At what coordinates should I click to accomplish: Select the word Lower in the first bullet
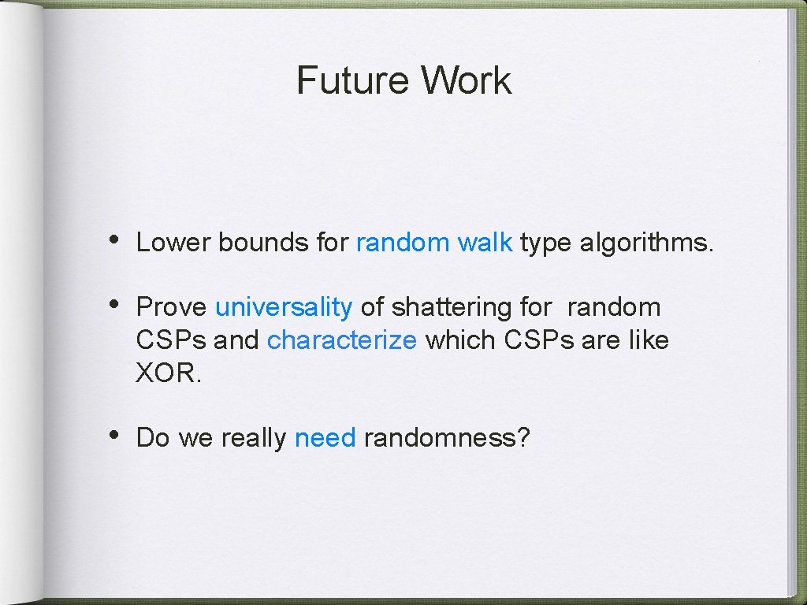pyautogui.click(x=173, y=243)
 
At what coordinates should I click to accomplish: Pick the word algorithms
pyautogui.click(x=646, y=243)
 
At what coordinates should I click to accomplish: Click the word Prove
pyautogui.click(x=171, y=307)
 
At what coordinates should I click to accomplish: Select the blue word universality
pyautogui.click(x=283, y=307)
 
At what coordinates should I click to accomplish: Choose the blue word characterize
pyautogui.click(x=341, y=340)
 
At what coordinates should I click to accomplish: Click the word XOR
pyautogui.click(x=169, y=373)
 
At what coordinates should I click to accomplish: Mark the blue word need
pyautogui.click(x=325, y=437)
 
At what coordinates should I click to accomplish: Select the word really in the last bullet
pyautogui.click(x=253, y=438)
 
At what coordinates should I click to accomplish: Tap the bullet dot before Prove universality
pyautogui.click(x=114, y=304)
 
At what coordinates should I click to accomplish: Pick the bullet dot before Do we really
pyautogui.click(x=114, y=434)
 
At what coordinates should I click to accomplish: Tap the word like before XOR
pyautogui.click(x=649, y=340)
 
